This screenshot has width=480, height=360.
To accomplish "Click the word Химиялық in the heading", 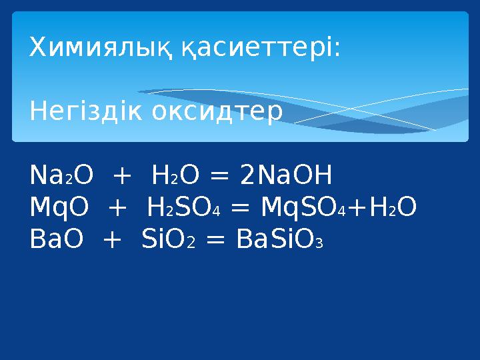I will click(101, 48).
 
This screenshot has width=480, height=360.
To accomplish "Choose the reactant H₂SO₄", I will click(183, 208).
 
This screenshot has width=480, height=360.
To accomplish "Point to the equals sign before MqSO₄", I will click(241, 209).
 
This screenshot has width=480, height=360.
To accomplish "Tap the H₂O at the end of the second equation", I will click(394, 208).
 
